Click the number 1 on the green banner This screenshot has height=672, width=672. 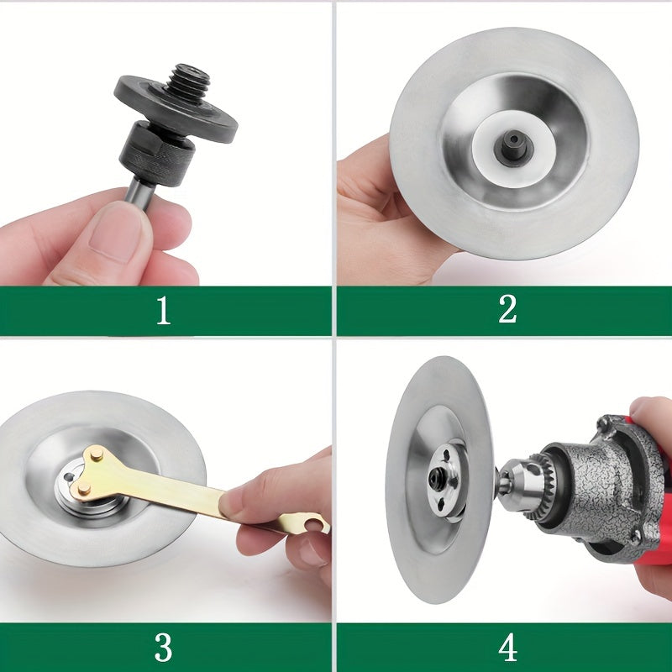tap(163, 310)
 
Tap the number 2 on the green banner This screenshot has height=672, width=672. tap(507, 309)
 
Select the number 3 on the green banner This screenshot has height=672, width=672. tap(163, 647)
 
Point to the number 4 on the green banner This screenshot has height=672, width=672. tap(507, 647)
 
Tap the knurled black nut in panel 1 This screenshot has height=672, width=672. tap(157, 155)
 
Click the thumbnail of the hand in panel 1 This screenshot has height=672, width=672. tap(115, 232)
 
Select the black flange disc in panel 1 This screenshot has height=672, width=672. tap(176, 109)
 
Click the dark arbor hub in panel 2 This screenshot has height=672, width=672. tap(513, 145)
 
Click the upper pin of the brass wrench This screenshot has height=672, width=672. tap(97, 454)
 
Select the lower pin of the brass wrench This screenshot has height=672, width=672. tap(84, 489)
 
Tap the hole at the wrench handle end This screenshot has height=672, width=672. tap(316, 523)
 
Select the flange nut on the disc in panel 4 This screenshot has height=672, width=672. tap(446, 480)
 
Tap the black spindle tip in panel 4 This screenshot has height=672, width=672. tap(437, 475)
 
